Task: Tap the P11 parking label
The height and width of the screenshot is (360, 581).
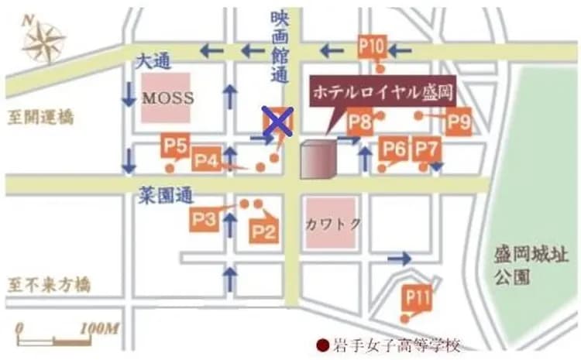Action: tap(417, 297)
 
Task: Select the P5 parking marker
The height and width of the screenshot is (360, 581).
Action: tap(176, 145)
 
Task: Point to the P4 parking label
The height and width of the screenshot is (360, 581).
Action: tap(206, 159)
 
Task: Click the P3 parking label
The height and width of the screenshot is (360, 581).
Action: tap(204, 220)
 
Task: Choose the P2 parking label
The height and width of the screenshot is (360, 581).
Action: tap(263, 230)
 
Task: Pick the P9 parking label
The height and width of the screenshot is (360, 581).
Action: tap(459, 122)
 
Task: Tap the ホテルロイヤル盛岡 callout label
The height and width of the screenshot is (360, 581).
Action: tap(381, 91)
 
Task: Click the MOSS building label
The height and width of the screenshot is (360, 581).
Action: tap(167, 98)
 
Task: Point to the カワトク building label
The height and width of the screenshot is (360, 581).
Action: tap(332, 223)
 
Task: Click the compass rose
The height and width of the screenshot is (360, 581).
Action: tap(43, 42)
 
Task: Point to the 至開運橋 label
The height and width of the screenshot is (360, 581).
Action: tap(40, 118)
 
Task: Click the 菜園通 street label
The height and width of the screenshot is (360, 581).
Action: tap(166, 197)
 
